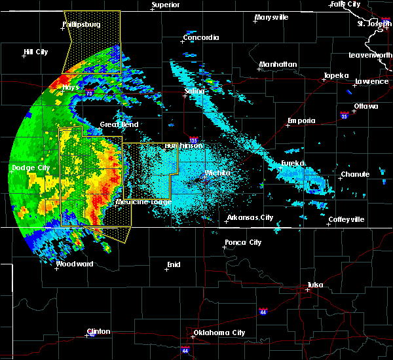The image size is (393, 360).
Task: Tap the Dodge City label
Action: [31, 168]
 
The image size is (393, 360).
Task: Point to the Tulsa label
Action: [316, 285]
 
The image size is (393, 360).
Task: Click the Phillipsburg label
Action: [82, 24]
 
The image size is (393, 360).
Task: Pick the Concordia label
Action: [201, 37]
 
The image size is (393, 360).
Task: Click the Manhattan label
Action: [278, 64]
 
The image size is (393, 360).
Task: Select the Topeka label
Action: [335, 75]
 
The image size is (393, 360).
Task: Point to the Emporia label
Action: [301, 120]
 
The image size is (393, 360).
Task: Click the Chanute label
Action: [355, 175]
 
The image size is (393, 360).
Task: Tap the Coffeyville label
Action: [346, 219]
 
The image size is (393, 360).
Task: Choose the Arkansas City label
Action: [250, 218]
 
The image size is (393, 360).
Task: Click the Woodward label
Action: [75, 264]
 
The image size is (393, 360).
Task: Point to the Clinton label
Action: [98, 331]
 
